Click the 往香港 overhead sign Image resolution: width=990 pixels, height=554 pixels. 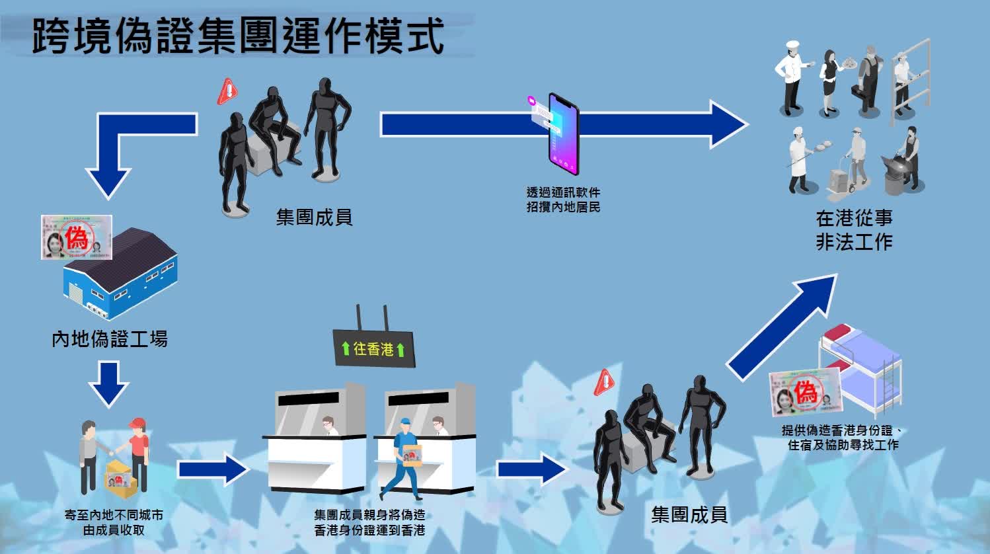tap(373, 348)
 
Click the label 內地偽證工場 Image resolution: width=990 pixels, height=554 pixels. tap(110, 339)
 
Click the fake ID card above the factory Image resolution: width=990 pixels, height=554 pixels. tap(76, 237)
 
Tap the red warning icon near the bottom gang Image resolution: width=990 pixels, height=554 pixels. tap(604, 382)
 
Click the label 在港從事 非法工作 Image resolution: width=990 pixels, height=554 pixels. tap(854, 230)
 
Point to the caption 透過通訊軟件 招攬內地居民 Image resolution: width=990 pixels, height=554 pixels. tap(563, 200)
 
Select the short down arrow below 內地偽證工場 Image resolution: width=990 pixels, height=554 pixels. tap(108, 383)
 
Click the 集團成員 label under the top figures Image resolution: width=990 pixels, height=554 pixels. tap(314, 217)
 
